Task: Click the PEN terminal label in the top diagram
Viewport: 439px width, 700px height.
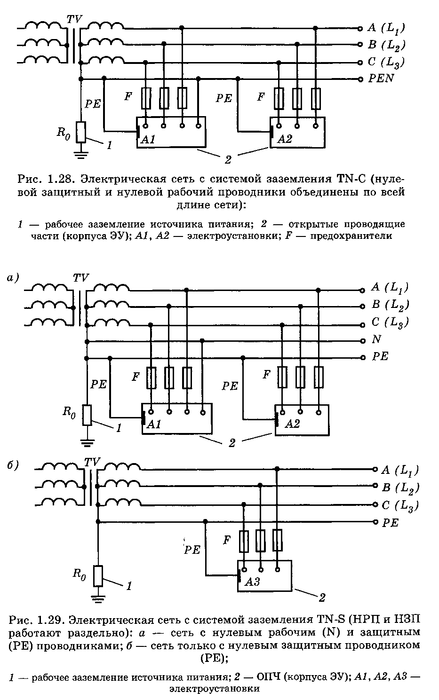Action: [381, 78]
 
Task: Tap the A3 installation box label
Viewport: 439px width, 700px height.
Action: [252, 582]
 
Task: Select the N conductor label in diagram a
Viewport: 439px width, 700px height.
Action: [376, 339]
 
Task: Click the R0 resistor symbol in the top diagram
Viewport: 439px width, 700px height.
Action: [81, 132]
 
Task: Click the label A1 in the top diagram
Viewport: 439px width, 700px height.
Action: [148, 139]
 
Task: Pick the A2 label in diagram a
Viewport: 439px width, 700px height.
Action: [292, 424]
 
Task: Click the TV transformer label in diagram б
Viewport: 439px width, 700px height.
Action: [92, 462]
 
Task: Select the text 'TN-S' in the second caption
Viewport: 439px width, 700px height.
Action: [331, 619]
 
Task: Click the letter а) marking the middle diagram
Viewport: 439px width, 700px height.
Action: [13, 277]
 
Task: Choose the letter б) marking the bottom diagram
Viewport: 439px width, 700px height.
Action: [13, 465]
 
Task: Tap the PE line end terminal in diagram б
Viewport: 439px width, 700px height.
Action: [375, 522]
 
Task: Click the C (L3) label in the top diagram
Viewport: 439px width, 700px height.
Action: [386, 62]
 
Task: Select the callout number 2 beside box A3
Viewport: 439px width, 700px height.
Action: [322, 598]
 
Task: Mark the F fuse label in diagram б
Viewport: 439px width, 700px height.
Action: [227, 540]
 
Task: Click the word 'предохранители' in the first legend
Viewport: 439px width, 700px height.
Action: [351, 236]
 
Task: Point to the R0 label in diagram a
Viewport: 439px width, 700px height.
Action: [69, 412]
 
